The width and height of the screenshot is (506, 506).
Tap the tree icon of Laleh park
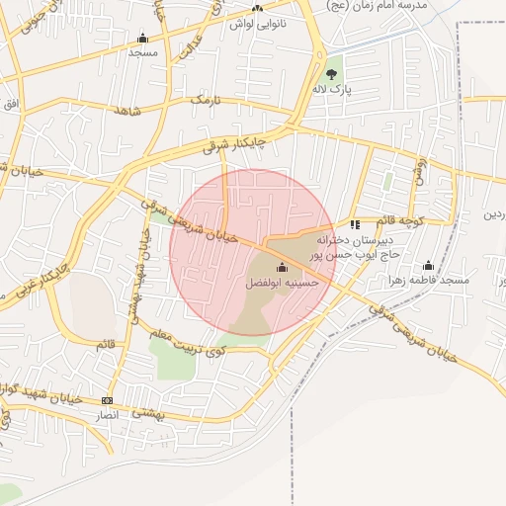tap(332, 73)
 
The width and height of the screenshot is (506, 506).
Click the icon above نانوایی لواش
tap(258, 8)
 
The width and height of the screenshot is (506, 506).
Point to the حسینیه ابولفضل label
tap(283, 283)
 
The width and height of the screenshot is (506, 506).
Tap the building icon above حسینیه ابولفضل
tap(282, 267)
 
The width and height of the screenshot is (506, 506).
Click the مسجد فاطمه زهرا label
tap(429, 281)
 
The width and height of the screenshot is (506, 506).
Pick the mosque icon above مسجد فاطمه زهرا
tap(428, 265)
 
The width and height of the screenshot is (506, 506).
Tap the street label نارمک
tap(204, 101)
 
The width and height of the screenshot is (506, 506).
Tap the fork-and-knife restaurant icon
tap(355, 224)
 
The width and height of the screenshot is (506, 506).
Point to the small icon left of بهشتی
tap(108, 400)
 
